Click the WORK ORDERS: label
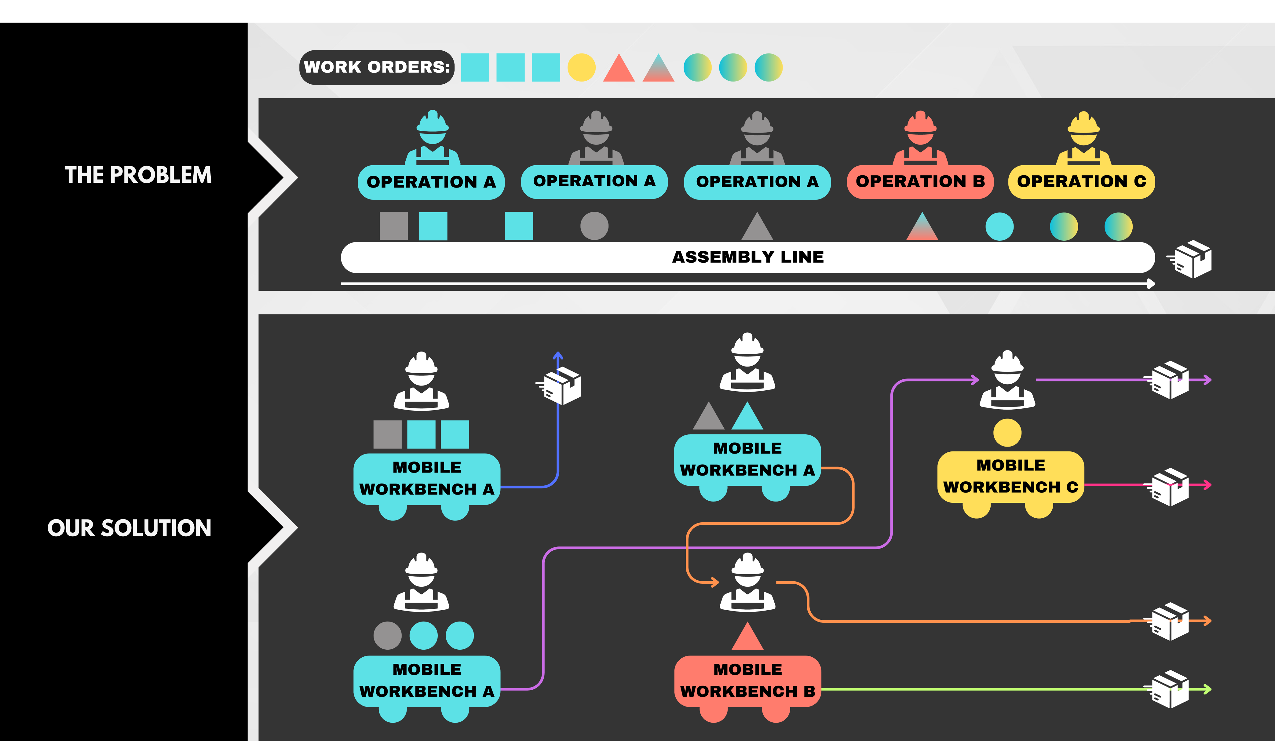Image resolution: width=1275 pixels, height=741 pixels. (x=377, y=67)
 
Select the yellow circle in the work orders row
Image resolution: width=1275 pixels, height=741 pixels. (x=581, y=67)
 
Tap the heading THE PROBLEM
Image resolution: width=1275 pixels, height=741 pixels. (x=138, y=175)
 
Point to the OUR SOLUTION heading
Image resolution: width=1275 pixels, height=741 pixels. (x=130, y=528)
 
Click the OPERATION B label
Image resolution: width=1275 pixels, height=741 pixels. (x=920, y=181)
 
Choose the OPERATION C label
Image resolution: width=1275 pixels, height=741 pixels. (x=1082, y=181)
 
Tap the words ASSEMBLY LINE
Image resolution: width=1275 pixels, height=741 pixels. (x=748, y=257)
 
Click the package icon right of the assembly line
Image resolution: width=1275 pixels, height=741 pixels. (x=1192, y=259)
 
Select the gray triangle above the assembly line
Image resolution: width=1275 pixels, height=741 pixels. (x=757, y=227)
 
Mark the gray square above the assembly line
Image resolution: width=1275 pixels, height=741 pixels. (x=394, y=226)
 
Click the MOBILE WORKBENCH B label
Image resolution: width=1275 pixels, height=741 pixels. (x=747, y=680)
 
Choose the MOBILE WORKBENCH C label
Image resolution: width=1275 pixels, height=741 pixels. (x=1010, y=476)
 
